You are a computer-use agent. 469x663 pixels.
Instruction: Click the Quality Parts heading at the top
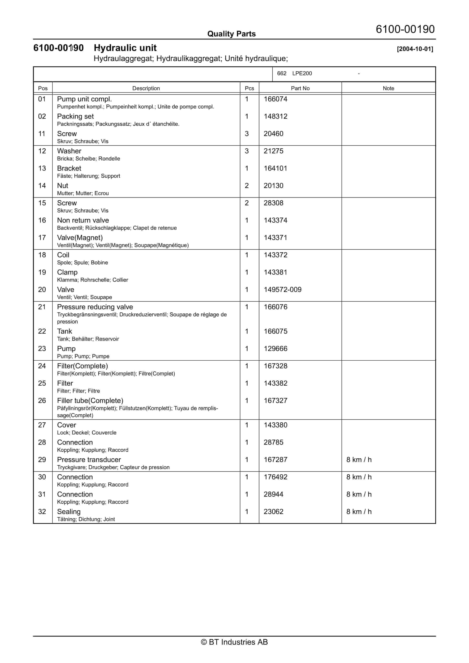tap(231, 34)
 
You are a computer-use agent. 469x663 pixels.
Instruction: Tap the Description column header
tap(146, 88)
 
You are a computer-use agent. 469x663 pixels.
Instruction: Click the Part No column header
tap(300, 88)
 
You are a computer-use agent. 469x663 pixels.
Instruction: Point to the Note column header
tap(388, 88)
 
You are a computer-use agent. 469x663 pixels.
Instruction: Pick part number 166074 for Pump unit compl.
tap(275, 99)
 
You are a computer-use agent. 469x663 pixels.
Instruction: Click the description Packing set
tap(75, 116)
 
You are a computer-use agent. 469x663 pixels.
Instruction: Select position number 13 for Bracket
tap(42, 168)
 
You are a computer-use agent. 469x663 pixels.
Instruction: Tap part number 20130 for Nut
tap(273, 186)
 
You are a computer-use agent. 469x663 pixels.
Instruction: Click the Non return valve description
tap(83, 220)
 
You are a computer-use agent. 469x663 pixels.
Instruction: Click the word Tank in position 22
tap(64, 331)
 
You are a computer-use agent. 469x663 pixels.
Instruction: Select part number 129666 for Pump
tap(275, 349)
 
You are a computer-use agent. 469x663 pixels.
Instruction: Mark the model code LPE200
tap(302, 73)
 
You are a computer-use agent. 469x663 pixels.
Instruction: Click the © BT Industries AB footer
tap(234, 642)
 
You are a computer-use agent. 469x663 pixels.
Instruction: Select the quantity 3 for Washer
tap(247, 151)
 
